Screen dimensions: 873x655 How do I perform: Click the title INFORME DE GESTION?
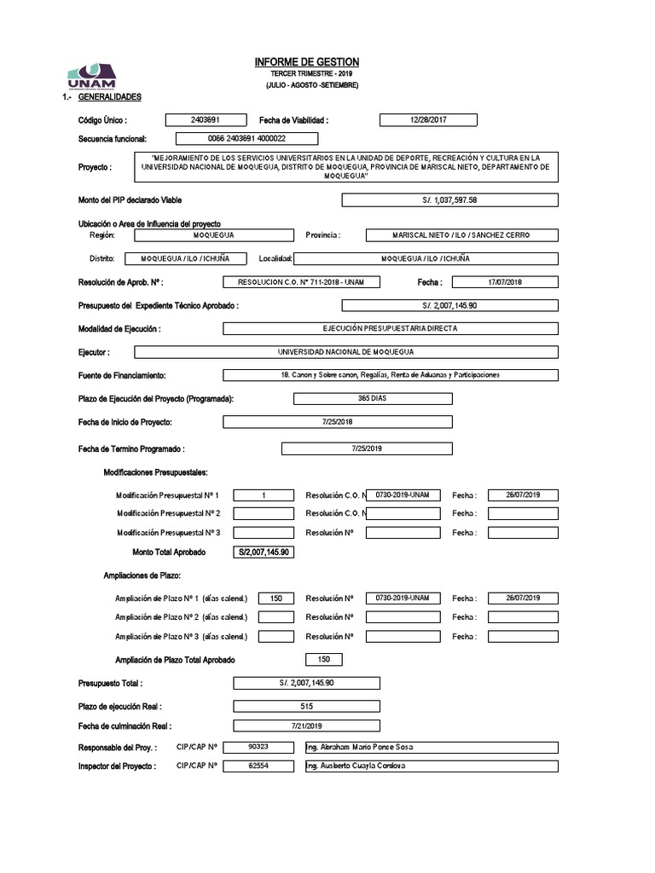[x=307, y=63]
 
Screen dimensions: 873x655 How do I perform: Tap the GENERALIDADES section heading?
[x=108, y=97]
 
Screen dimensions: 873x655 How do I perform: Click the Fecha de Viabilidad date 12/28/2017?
[x=427, y=120]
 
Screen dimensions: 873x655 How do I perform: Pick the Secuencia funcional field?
[x=246, y=138]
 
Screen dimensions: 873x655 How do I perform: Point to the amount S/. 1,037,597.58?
[x=449, y=199]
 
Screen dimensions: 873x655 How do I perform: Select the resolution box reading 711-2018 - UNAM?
[x=302, y=281]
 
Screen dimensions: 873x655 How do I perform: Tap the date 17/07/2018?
[x=504, y=281]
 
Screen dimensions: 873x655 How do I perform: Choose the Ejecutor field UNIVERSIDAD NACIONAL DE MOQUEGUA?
[x=345, y=351]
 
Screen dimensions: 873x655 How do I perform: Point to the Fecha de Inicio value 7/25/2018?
[x=337, y=421]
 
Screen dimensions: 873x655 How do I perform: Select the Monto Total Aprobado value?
[x=264, y=552]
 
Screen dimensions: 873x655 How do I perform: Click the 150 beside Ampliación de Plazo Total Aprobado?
[x=323, y=659]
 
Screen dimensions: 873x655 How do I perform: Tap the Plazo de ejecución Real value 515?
[x=306, y=706]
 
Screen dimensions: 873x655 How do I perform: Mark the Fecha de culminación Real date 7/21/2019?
[x=306, y=726]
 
